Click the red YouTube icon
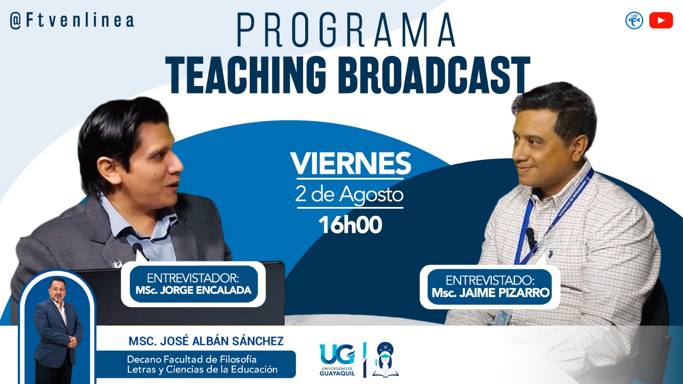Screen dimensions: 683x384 tap(661, 20)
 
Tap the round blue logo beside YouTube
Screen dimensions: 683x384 tap(634, 20)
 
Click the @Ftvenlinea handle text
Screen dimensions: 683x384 tap(72, 20)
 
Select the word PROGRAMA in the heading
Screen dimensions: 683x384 tap(346, 30)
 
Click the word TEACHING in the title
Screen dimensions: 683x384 tap(246, 75)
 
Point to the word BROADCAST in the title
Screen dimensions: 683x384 tap(434, 75)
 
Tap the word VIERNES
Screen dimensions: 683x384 tap(350, 163)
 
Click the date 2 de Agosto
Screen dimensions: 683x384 tap(350, 194)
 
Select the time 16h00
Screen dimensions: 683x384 tap(350, 224)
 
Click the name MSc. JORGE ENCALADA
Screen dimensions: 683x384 tap(194, 290)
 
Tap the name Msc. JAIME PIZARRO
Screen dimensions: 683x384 tap(490, 293)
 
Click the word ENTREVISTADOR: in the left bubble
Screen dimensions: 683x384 tap(193, 278)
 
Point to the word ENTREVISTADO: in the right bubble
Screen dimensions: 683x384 tap(490, 280)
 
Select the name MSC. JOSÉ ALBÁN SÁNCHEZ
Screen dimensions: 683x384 tap(206, 341)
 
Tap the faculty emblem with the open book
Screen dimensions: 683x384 tap(385, 360)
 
